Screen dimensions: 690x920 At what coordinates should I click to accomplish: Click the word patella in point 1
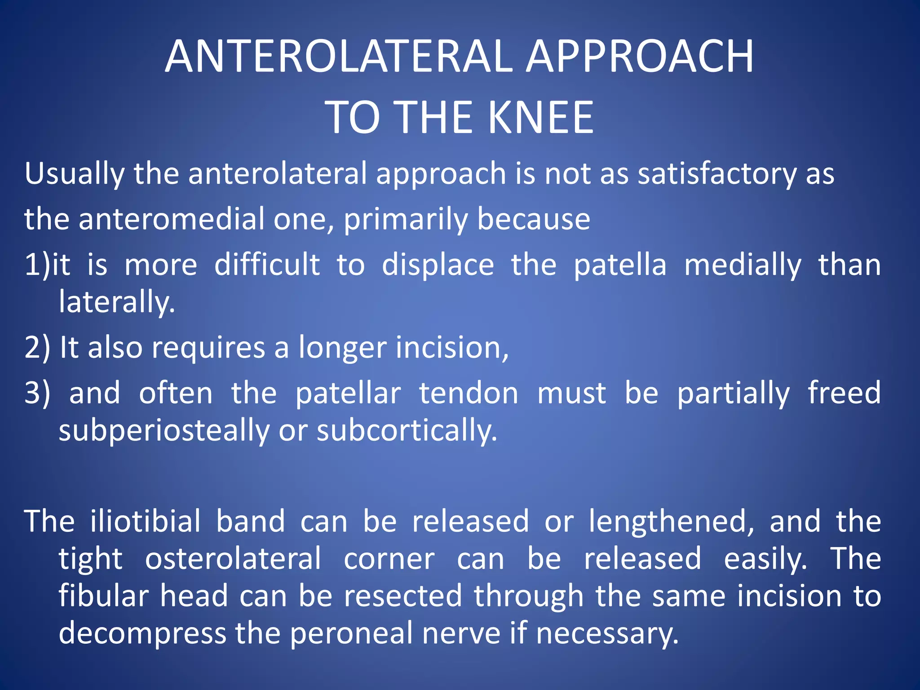pos(620,265)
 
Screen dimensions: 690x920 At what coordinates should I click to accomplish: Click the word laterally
pos(116,302)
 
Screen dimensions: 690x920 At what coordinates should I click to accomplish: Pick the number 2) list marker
pos(37,348)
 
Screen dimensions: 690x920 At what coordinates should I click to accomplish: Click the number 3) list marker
pos(37,393)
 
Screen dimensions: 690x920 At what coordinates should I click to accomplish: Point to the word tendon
pos(469,393)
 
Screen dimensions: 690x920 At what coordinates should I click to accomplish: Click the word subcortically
pos(407,430)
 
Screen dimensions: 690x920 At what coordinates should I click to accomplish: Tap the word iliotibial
pos(145,522)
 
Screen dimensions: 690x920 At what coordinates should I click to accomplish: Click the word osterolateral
pos(233,559)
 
